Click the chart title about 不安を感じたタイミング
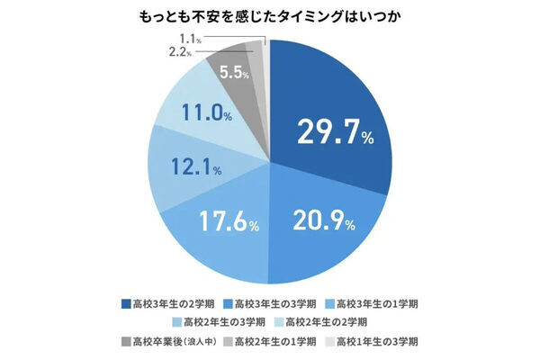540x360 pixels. coord(270,16)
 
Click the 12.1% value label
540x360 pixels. coord(199,168)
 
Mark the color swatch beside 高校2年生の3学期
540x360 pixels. coord(175,320)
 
